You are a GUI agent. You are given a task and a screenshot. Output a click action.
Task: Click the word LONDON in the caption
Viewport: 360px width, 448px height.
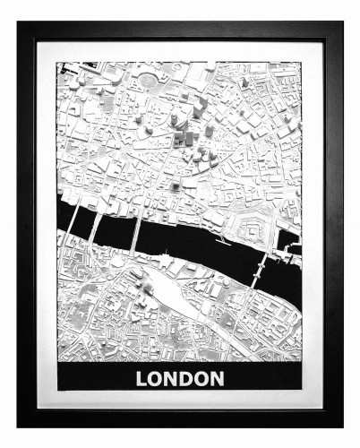coord(180,378)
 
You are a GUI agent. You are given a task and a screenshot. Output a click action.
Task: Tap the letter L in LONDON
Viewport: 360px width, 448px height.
coord(141,378)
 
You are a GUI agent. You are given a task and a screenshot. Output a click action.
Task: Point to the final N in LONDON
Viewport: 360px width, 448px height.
coord(218,378)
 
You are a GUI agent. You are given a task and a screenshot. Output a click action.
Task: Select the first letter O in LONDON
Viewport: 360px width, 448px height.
coord(157,378)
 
